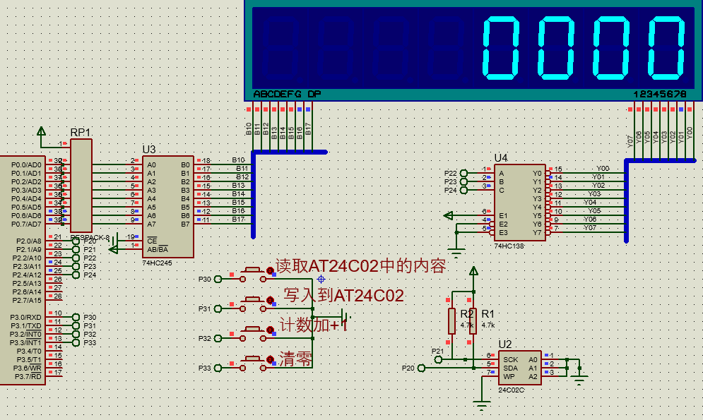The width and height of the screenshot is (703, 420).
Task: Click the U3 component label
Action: click(149, 150)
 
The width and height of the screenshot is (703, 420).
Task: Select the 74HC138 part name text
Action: click(508, 246)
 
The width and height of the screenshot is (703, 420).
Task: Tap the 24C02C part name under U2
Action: click(512, 389)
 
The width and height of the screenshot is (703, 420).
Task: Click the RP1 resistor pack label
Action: click(80, 133)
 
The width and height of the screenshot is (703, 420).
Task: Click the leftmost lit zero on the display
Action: click(502, 48)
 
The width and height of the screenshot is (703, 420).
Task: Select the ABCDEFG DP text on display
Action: click(287, 94)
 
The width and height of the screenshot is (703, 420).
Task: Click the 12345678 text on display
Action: click(659, 94)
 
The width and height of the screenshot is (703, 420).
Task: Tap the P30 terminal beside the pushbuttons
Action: click(205, 280)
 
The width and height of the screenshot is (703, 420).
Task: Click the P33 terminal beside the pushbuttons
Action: click(205, 367)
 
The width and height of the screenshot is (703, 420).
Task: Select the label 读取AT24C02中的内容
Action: click(360, 266)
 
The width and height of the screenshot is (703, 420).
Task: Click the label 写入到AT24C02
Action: click(343, 295)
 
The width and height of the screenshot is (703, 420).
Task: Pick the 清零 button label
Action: click(295, 358)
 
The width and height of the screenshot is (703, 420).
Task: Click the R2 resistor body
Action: click(451, 321)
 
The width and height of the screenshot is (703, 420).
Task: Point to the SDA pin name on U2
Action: click(510, 368)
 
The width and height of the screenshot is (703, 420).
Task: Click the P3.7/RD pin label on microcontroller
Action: click(27, 377)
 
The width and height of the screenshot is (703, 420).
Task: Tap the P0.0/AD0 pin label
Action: click(26, 164)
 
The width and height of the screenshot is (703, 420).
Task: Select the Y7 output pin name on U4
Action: click(537, 232)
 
